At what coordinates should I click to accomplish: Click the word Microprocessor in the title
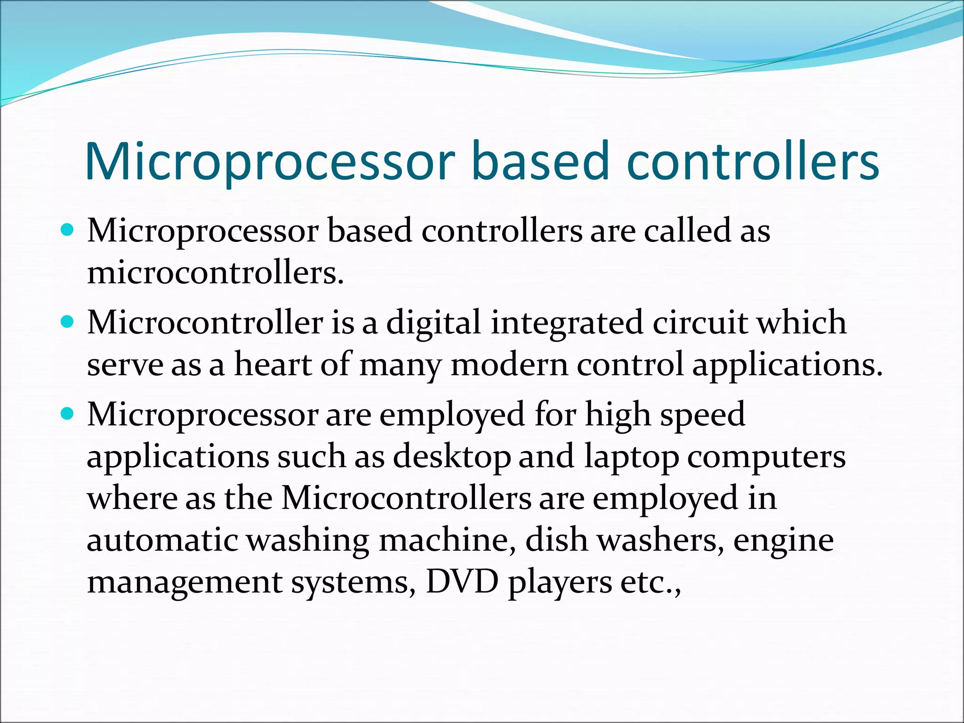click(270, 162)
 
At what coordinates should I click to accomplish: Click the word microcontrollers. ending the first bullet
click(216, 273)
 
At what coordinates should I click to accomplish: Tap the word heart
click(273, 364)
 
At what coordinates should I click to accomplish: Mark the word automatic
click(162, 540)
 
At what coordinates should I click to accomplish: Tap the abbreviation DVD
click(462, 582)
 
